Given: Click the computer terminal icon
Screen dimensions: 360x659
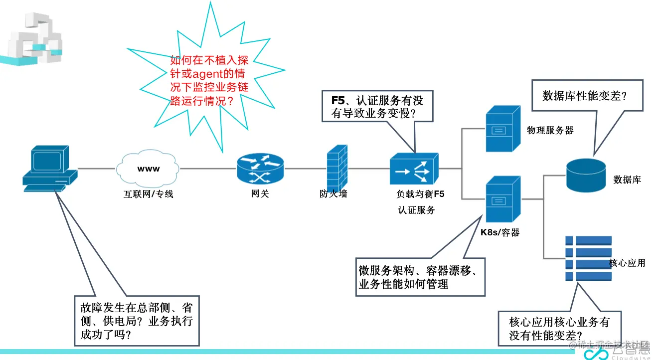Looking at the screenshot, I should tap(49, 168).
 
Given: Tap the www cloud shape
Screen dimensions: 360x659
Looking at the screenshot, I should tap(149, 169).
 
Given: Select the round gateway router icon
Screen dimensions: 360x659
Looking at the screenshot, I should tap(260, 168).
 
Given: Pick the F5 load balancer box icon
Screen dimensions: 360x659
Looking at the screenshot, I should tap(414, 168).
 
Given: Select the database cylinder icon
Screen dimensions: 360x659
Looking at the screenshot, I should tap(586, 176).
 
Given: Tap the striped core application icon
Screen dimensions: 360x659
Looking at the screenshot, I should tap(588, 258).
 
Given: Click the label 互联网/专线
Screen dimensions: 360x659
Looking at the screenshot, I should tap(149, 194).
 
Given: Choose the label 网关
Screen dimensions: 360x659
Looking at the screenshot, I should tap(260, 194).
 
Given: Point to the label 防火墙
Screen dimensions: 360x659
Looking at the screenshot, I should tap(333, 194).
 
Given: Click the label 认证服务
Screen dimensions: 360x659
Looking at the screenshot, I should tap(416, 210).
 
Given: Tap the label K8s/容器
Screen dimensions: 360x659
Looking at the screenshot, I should tap(500, 232).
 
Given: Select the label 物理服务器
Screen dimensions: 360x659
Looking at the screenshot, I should tap(550, 131).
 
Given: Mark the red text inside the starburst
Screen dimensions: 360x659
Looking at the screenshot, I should tap(209, 80).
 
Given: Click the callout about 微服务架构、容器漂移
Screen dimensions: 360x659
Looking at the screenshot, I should tap(419, 277).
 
